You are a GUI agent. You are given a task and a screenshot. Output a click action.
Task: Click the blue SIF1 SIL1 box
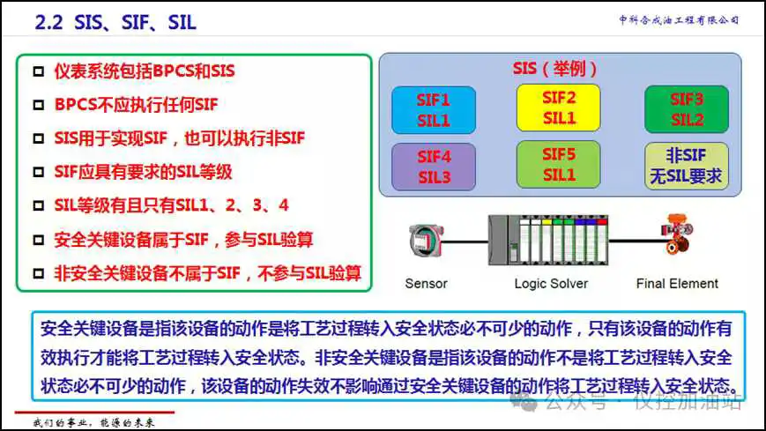point(433,109)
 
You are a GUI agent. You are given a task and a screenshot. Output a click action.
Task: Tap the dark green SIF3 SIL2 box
point(687,109)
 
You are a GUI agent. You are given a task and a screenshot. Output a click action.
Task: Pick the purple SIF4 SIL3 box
point(433,166)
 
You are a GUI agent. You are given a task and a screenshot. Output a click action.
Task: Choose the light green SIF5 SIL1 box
point(558,164)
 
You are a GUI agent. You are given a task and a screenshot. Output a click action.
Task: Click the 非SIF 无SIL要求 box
point(687,166)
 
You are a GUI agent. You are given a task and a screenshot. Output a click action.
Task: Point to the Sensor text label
point(426,284)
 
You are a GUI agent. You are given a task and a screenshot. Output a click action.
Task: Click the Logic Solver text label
point(551,284)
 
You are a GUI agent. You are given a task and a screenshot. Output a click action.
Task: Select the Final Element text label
point(677,284)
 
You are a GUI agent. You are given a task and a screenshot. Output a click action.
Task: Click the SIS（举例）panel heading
point(555,68)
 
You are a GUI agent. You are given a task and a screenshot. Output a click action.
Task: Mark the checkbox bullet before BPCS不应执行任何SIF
point(38,105)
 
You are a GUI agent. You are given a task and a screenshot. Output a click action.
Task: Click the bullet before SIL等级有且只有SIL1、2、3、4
point(38,206)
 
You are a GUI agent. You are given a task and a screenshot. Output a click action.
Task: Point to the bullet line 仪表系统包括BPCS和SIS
point(145,71)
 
